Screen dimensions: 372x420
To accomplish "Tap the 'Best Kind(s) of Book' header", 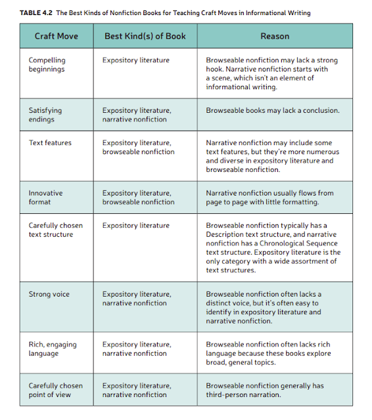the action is click(x=145, y=36).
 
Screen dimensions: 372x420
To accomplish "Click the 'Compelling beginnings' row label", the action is click(x=47, y=64).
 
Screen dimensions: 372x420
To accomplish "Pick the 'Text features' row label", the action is click(x=50, y=142).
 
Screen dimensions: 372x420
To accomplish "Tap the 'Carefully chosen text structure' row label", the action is click(x=55, y=230).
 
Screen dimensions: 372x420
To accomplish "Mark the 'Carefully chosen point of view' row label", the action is click(x=55, y=390).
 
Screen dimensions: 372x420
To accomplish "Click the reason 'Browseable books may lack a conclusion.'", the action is click(x=273, y=110).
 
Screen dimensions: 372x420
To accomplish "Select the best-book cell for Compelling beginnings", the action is click(x=135, y=60).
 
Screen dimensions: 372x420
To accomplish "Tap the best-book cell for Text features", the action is click(x=138, y=147).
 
